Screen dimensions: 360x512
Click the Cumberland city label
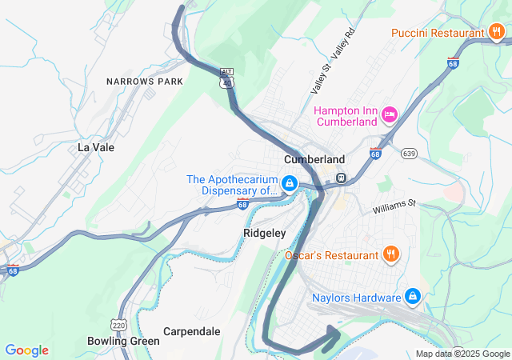(314, 159)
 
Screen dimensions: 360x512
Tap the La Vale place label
(96, 147)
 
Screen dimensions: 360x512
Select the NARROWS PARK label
(145, 82)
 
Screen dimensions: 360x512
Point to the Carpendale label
(191, 330)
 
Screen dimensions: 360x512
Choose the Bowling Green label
(124, 341)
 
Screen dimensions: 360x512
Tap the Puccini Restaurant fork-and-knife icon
(496, 33)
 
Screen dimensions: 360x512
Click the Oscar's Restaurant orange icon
(390, 255)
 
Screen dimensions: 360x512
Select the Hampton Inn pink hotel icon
(390, 115)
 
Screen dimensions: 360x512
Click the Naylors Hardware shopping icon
(413, 297)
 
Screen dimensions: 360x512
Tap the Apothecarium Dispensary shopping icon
(290, 185)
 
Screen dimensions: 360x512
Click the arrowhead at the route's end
(332, 336)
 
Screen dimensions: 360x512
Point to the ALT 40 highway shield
(227, 77)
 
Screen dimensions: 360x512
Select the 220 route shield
(119, 325)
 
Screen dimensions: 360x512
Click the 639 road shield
(410, 153)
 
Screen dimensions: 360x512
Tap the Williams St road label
(394, 207)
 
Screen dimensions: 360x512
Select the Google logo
(26, 350)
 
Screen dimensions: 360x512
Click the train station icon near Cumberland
(340, 177)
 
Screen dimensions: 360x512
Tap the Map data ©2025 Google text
(462, 354)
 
